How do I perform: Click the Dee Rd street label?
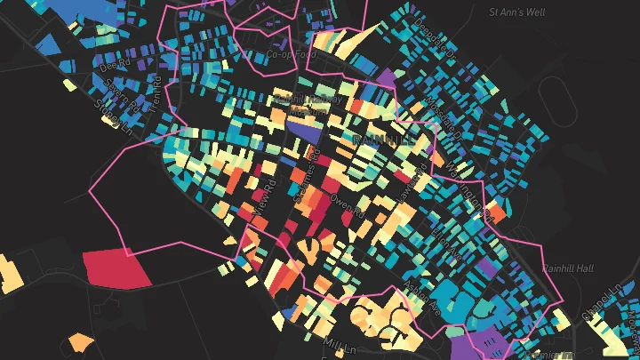tap(109, 65)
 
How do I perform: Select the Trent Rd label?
tap(156, 84)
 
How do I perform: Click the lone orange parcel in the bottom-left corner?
tap(80, 342)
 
